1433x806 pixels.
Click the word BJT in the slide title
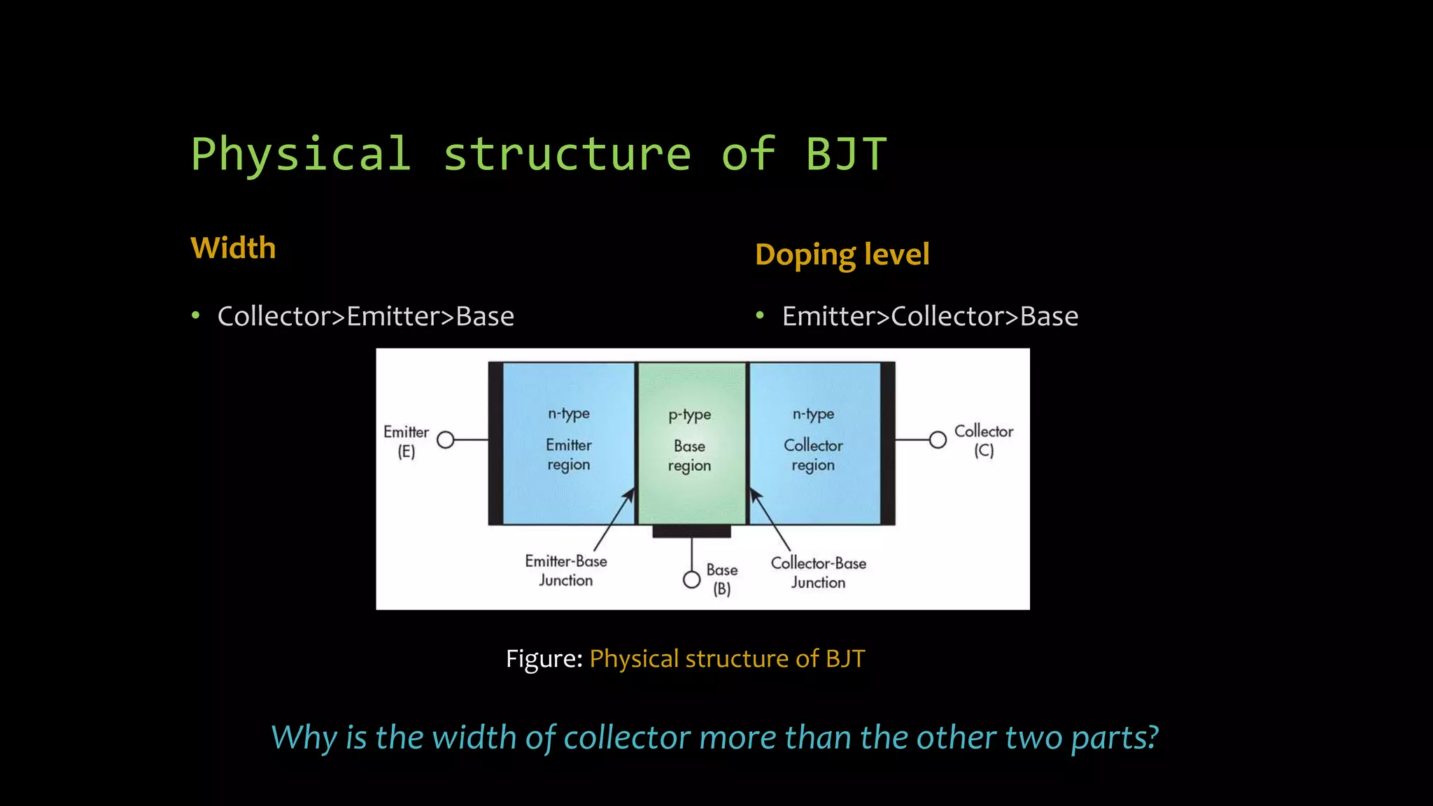[846, 154]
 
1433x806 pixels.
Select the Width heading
[233, 248]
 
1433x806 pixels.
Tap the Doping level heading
[842, 255]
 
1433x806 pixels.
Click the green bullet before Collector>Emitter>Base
[196, 316]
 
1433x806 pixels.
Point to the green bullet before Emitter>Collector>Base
[760, 316]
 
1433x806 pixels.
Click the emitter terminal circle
[446, 440]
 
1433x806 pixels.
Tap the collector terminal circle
[938, 439]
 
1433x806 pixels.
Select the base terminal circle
[691, 580]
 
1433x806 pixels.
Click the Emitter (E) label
[406, 441]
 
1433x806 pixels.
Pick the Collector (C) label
[983, 440]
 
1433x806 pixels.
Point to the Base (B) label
[721, 579]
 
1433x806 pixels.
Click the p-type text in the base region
[689, 415]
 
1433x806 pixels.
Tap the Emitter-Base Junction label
[565, 570]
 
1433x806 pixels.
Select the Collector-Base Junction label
[818, 572]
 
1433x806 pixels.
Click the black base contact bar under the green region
[691, 532]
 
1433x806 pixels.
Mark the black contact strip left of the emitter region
[495, 443]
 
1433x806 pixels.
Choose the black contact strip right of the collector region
[887, 443]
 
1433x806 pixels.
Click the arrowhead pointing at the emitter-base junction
[630, 494]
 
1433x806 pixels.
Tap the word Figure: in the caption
[544, 659]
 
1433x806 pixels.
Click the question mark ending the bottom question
[1152, 737]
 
